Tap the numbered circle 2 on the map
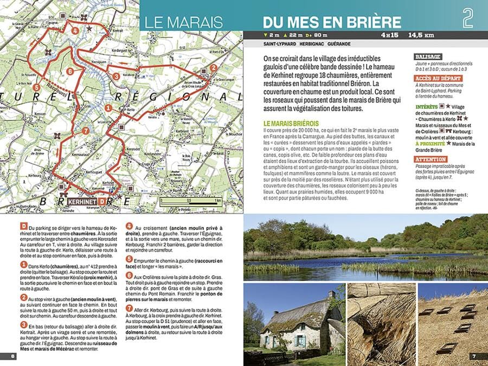214,68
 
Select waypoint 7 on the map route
85,131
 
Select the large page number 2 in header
468,19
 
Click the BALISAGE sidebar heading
428,56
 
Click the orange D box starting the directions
22,226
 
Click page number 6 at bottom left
12,356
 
